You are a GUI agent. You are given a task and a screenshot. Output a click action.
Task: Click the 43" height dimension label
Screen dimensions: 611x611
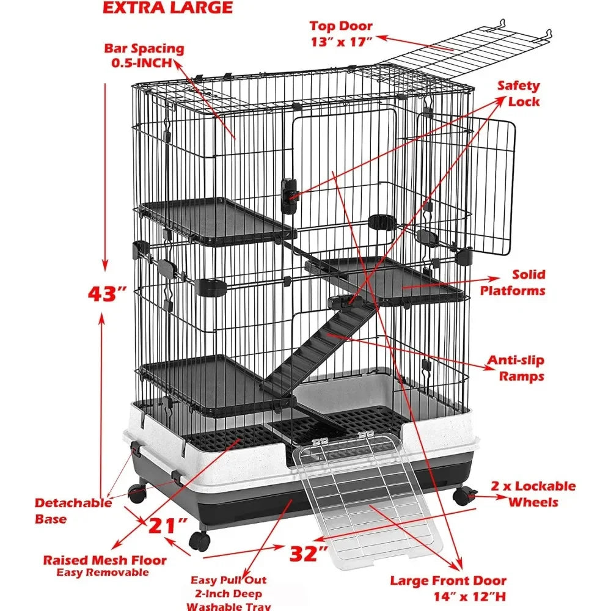(x=107, y=295)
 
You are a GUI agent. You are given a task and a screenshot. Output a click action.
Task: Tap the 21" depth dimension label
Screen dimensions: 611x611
(x=168, y=525)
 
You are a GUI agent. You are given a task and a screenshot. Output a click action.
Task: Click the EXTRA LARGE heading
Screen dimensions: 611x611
(x=167, y=8)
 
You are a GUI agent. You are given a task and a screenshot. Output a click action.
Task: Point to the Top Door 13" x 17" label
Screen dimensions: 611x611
(x=342, y=34)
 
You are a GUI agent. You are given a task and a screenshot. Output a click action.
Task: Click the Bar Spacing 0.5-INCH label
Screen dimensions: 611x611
(x=144, y=56)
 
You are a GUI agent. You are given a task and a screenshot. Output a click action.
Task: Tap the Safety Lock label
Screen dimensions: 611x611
(x=519, y=93)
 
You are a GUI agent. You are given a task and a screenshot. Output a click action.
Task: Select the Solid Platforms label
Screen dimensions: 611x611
(x=513, y=282)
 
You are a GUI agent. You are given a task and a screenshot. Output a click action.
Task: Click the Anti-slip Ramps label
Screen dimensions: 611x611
(x=516, y=368)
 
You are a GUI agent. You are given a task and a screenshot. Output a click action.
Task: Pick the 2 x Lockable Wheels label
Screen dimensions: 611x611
(x=533, y=494)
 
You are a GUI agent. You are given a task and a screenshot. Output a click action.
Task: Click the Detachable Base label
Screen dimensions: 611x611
(x=73, y=511)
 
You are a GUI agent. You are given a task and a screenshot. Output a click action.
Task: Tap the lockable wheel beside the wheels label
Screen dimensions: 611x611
(x=464, y=496)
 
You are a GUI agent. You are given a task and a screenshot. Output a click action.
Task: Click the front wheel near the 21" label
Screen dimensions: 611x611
(x=200, y=541)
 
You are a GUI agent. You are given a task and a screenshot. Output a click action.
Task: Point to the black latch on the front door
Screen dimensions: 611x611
(x=289, y=196)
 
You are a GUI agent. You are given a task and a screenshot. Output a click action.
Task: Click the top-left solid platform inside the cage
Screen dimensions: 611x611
(x=218, y=220)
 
